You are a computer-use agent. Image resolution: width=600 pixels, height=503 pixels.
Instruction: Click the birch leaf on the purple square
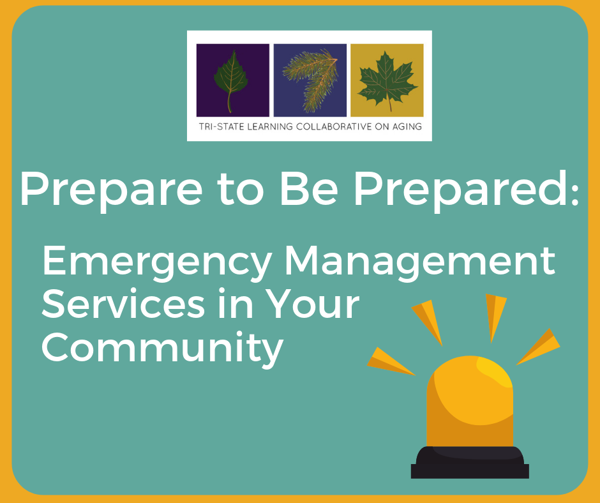[x=230, y=81]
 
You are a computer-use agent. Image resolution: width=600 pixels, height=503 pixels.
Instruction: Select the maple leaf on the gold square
[x=387, y=80]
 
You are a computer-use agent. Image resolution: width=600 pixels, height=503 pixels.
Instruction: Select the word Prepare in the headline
[x=111, y=190]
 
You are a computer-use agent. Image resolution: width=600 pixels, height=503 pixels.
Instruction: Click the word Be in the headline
[x=309, y=189]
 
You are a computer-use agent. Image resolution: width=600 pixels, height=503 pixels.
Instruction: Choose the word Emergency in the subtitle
[x=156, y=262]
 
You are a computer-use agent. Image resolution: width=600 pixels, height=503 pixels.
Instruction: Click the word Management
[x=420, y=262]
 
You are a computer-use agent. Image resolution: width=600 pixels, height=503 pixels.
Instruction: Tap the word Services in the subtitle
[x=123, y=304]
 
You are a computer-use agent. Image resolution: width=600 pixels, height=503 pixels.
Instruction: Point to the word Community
[x=162, y=349]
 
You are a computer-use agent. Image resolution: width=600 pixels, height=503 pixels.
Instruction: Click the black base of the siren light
[x=470, y=462]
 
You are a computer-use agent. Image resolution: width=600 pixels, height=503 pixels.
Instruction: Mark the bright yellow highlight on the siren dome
[x=495, y=372]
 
